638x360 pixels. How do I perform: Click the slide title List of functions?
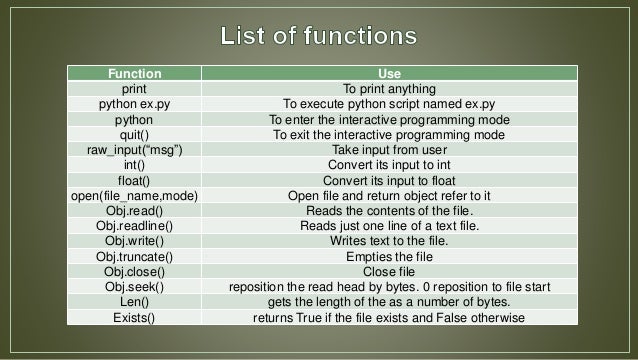pyautogui.click(x=318, y=37)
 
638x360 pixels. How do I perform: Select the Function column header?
pyautogui.click(x=133, y=73)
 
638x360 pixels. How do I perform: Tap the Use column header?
pyautogui.click(x=388, y=73)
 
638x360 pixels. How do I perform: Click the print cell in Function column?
pyautogui.click(x=133, y=88)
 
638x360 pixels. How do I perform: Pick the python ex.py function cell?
pyautogui.click(x=133, y=103)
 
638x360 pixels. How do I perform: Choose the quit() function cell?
pyautogui.click(x=133, y=134)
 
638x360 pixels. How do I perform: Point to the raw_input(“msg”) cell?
pyautogui.click(x=133, y=149)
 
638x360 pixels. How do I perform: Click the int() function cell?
pyautogui.click(x=133, y=165)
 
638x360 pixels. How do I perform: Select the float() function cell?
pyautogui.click(x=133, y=180)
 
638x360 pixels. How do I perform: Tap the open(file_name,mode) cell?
pyautogui.click(x=133, y=196)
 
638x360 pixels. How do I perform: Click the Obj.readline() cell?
pyautogui.click(x=133, y=226)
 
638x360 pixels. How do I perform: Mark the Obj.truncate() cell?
pyautogui.click(x=133, y=257)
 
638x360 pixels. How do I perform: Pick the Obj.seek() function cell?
pyautogui.click(x=133, y=287)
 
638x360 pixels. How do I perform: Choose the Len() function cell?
pyautogui.click(x=133, y=302)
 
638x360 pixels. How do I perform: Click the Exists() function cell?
pyautogui.click(x=133, y=318)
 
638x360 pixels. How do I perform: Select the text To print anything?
pyautogui.click(x=388, y=88)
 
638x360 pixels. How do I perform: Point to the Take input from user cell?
pyautogui.click(x=388, y=149)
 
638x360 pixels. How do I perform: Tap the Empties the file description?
pyautogui.click(x=388, y=257)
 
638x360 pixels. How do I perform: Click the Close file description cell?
pyautogui.click(x=388, y=272)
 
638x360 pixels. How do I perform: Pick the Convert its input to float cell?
pyautogui.click(x=388, y=180)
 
